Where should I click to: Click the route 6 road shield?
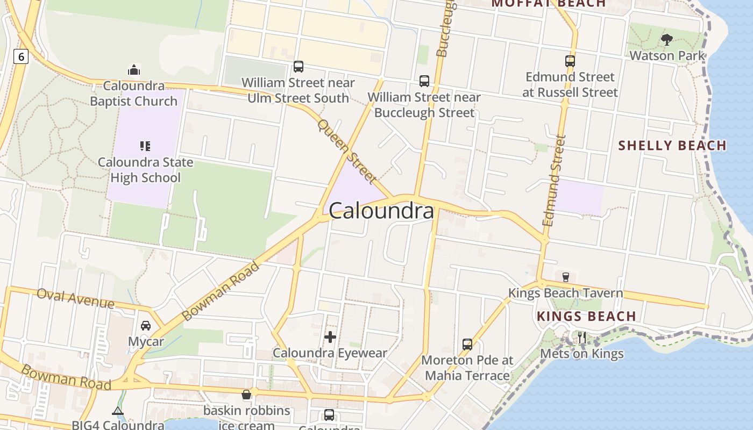(x=20, y=56)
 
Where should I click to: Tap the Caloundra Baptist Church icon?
(x=133, y=70)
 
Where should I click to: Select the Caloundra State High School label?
(x=145, y=170)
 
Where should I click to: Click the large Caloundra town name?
(x=381, y=211)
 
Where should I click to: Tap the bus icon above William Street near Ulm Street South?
(x=298, y=67)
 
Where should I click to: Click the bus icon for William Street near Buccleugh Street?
(x=424, y=81)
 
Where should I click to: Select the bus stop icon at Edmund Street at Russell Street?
(x=570, y=61)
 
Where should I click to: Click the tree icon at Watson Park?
(x=667, y=39)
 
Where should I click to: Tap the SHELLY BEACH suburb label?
(x=672, y=145)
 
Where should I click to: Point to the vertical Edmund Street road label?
(x=555, y=180)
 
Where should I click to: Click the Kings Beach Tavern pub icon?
(x=566, y=277)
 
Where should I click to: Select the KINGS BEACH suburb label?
(x=587, y=316)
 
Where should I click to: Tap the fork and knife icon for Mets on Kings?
(x=581, y=338)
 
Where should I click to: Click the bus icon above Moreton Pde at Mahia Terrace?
(x=467, y=344)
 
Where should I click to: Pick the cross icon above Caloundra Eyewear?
(x=330, y=337)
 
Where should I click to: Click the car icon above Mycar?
(x=146, y=326)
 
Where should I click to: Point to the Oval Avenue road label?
(x=75, y=298)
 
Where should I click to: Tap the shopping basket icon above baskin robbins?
(x=246, y=395)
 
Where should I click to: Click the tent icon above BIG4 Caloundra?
(x=118, y=411)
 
